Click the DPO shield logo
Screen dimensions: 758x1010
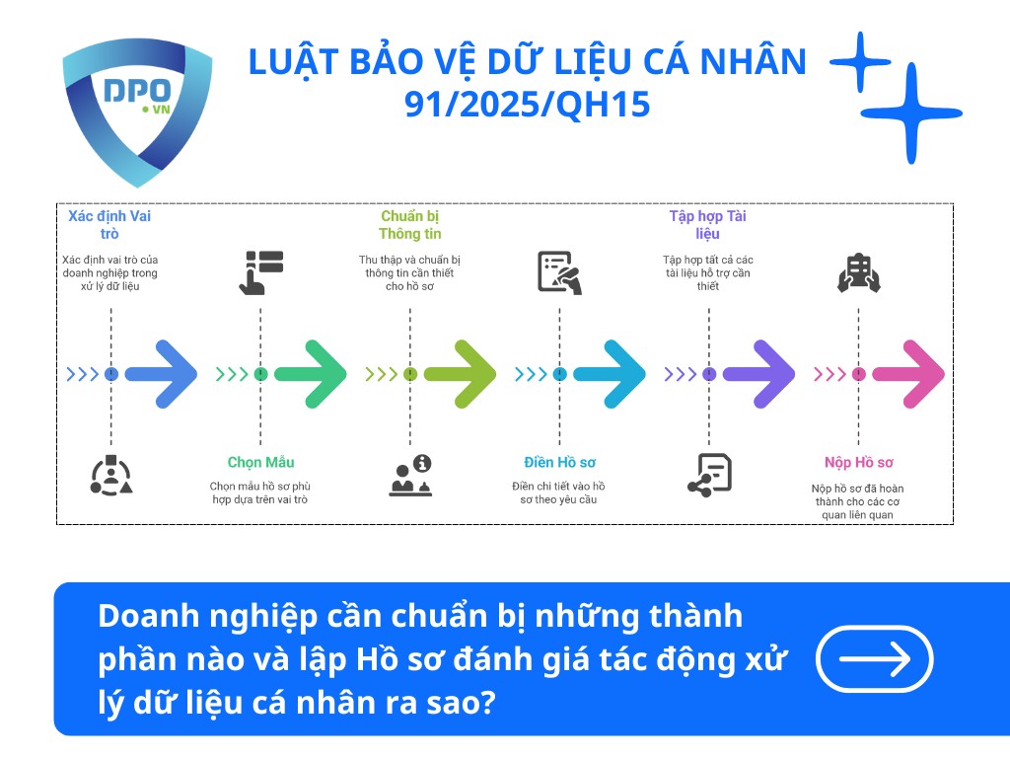[136, 110]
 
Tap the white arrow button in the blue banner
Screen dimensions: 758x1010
[875, 658]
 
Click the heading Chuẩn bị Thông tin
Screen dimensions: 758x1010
[409, 225]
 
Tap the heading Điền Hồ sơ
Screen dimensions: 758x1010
[559, 462]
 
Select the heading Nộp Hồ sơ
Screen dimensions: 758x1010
[858, 462]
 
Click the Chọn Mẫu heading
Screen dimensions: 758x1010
[260, 462]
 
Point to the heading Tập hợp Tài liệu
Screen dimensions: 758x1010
[708, 225]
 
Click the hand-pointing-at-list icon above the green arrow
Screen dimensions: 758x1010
[261, 272]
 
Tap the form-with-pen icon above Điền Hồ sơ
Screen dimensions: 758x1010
[559, 272]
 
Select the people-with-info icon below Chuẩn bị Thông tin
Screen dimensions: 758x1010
[410, 475]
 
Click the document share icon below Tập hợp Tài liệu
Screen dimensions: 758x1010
[708, 475]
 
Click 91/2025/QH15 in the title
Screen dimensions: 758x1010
[528, 104]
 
